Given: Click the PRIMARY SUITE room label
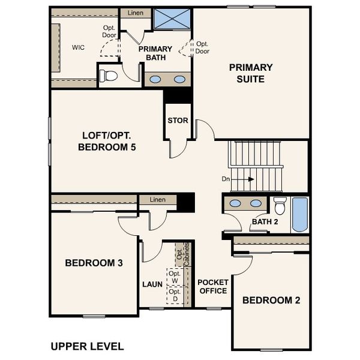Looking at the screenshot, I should (x=251, y=73).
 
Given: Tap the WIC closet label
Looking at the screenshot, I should (x=78, y=47).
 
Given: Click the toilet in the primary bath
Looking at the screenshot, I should (x=109, y=76).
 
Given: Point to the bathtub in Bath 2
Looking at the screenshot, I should (x=299, y=215).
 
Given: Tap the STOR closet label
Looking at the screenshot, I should (x=178, y=121).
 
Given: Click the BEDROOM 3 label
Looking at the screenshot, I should (x=94, y=263).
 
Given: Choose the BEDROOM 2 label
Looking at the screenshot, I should (x=271, y=301).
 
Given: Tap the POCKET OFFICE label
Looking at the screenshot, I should (x=212, y=286).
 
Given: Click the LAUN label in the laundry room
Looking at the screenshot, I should (x=152, y=284).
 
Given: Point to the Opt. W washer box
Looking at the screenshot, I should (x=175, y=277).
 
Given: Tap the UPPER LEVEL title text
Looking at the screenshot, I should (x=87, y=346).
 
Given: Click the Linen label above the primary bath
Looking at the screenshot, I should (x=136, y=13).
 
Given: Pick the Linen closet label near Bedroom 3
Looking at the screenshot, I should (x=158, y=199).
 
